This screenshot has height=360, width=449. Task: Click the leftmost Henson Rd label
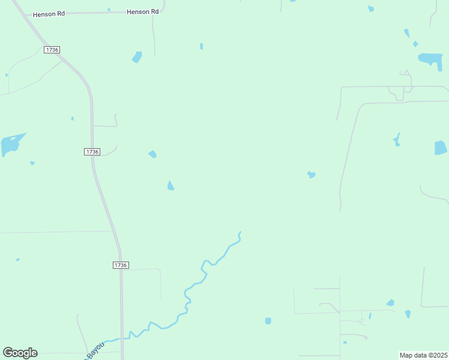[x=49, y=13]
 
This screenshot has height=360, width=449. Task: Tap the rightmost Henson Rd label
[x=143, y=11]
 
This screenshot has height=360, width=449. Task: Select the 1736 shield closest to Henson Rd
[x=52, y=50]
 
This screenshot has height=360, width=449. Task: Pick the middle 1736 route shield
[x=92, y=152]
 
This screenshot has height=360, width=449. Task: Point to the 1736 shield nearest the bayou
[x=121, y=265]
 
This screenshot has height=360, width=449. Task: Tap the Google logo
[x=20, y=352]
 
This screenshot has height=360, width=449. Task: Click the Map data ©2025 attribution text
[x=424, y=355]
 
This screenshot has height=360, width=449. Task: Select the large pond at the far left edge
[x=11, y=145]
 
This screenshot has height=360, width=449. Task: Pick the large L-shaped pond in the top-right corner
[x=430, y=59]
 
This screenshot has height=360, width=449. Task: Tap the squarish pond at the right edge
[x=441, y=148]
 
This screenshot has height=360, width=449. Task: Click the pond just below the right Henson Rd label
[x=137, y=57]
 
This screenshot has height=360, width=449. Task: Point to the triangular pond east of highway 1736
[x=170, y=186]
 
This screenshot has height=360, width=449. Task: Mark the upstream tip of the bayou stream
[x=240, y=232]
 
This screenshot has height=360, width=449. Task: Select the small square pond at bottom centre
[x=268, y=321]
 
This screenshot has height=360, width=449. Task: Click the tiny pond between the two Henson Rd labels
[x=109, y=10]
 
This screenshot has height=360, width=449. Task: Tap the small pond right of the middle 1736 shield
[x=152, y=154]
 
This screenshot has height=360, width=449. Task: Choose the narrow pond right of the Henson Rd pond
[x=201, y=46]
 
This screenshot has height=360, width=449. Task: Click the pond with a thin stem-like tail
[x=397, y=141]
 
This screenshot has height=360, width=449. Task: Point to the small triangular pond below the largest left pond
[x=32, y=163]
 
